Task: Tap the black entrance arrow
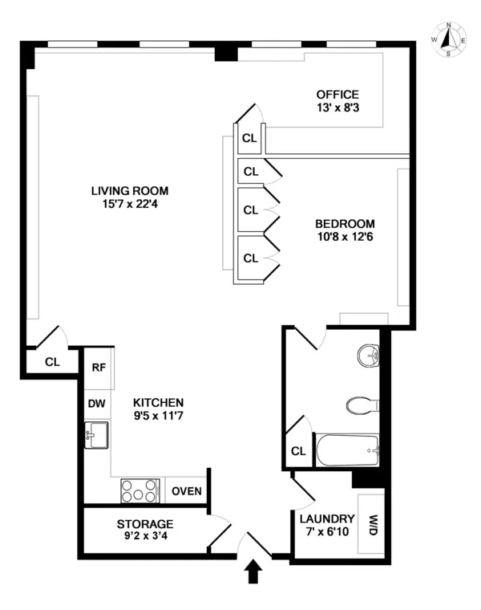pyautogui.click(x=254, y=571)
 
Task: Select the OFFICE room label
pyautogui.click(x=338, y=94)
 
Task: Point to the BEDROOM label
pyautogui.click(x=345, y=223)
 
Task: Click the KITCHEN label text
pyautogui.click(x=159, y=402)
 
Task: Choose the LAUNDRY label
pyautogui.click(x=321, y=518)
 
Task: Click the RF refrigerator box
pyautogui.click(x=99, y=368)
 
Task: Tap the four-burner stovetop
pyautogui.click(x=141, y=490)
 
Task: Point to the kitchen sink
pyautogui.click(x=96, y=437)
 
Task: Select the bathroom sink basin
pyautogui.click(x=369, y=354)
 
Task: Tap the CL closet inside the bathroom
pyautogui.click(x=299, y=451)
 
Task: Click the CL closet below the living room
pyautogui.click(x=52, y=361)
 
